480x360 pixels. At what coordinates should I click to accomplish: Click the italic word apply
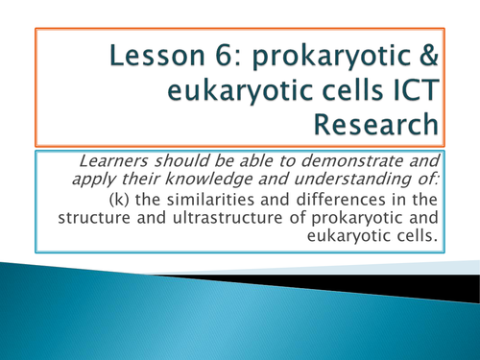click(107, 182)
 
